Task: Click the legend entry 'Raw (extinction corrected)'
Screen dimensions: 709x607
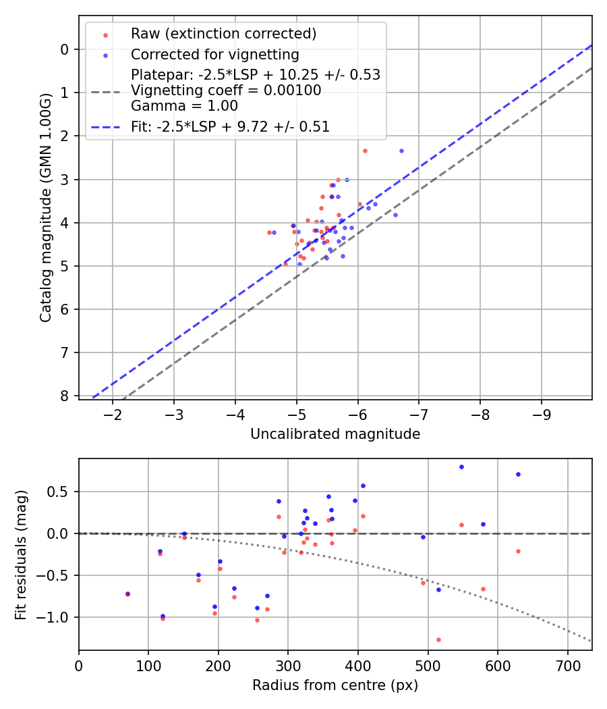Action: [x=223, y=34]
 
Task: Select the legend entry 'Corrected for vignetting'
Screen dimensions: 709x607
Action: [x=215, y=54]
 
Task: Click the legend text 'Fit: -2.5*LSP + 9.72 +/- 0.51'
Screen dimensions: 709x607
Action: [x=230, y=126]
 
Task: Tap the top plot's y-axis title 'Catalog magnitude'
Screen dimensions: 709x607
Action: [x=45, y=207]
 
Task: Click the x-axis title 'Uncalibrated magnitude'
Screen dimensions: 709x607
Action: [x=335, y=434]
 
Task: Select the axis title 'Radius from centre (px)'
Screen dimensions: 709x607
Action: [x=335, y=685]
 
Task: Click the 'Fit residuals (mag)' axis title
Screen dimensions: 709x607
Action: [x=21, y=554]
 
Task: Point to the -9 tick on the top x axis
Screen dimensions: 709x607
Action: [x=542, y=413]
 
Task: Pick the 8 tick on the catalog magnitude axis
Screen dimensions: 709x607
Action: [x=65, y=396]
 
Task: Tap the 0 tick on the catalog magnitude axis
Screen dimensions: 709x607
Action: [x=65, y=49]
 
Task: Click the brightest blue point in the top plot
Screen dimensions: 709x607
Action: [x=401, y=151]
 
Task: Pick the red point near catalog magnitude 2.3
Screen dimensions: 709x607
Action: [x=365, y=151]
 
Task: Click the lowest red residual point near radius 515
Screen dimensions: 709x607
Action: [x=438, y=639]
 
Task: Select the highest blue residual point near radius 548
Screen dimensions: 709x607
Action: [x=461, y=467]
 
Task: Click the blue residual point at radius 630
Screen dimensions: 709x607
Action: [x=518, y=474]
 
